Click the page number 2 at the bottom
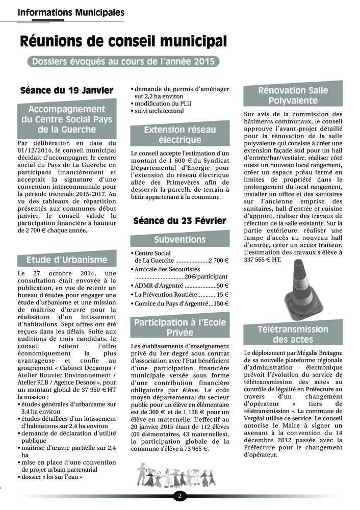pyautogui.click(x=179, y=495)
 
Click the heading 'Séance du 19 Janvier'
pyautogui.click(x=66, y=91)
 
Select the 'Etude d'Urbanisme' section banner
pyautogui.click(x=67, y=260)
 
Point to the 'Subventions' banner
pyautogui.click(x=180, y=240)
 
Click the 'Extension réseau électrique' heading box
pyautogui.click(x=180, y=135)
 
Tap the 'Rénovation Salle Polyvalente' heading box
pyautogui.click(x=293, y=96)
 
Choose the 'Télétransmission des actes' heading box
pyautogui.click(x=293, y=335)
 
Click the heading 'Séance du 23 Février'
pyautogui.click(x=179, y=221)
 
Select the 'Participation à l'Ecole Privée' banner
pyautogui.click(x=180, y=327)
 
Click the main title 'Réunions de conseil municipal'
pyautogui.click(x=123, y=41)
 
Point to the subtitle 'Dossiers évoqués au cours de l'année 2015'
pyautogui.click(x=123, y=62)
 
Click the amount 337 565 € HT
pyautogui.click(x=262, y=260)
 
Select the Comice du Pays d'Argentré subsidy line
pyautogui.click(x=180, y=304)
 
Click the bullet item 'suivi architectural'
pyautogui.click(x=158, y=111)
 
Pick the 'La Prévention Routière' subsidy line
pyautogui.click(x=180, y=295)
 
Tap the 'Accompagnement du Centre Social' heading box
pyautogui.click(x=67, y=119)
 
